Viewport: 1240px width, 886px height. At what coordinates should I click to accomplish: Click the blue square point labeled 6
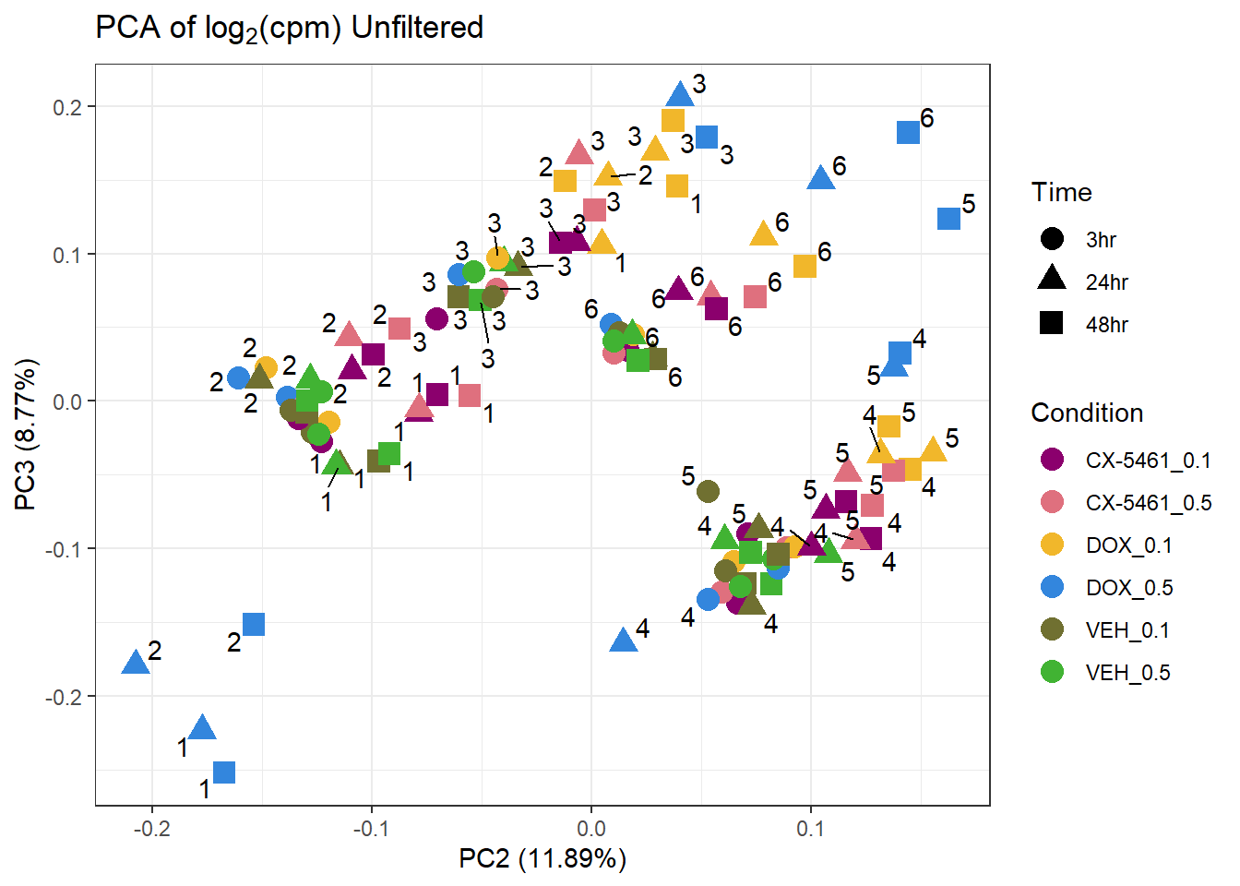(908, 133)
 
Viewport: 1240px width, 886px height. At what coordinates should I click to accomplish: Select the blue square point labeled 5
(948, 219)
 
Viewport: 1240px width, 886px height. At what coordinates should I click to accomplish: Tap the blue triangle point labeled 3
(680, 94)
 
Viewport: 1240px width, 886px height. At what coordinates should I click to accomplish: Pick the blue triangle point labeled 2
(136, 663)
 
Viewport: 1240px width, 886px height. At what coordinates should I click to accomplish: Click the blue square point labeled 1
(223, 772)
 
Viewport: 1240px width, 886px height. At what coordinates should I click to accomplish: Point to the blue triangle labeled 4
(624, 640)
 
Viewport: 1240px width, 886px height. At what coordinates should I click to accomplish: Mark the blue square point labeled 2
(253, 625)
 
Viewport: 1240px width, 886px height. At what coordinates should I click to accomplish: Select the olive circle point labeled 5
(708, 491)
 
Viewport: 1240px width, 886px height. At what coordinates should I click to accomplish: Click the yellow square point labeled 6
(805, 266)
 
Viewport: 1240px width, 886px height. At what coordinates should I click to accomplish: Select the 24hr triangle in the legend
(1051, 278)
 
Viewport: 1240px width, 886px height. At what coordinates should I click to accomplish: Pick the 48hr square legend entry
(1051, 323)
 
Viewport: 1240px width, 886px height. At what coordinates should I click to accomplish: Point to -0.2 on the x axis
(151, 829)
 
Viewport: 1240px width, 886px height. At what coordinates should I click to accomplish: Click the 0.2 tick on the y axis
(67, 107)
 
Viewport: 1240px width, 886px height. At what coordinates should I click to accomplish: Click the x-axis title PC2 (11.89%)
(542, 859)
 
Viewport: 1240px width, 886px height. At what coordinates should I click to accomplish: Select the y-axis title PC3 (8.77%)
(25, 434)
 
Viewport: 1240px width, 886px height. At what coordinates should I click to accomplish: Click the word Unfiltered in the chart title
(417, 28)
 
